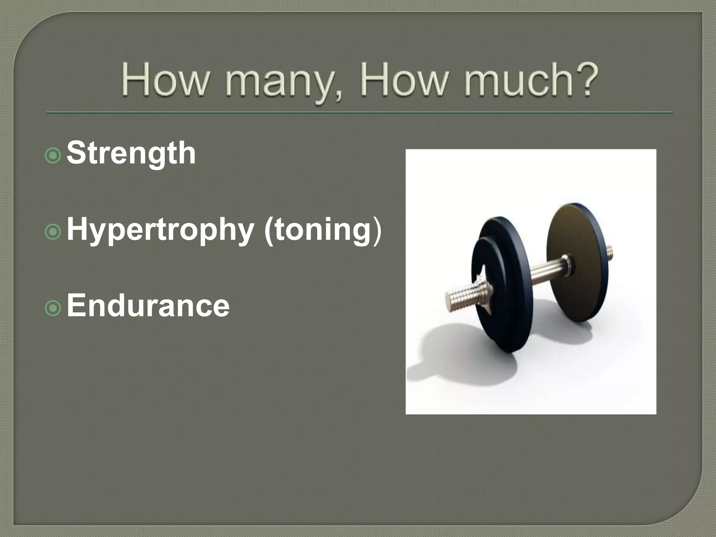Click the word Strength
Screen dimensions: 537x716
(x=131, y=154)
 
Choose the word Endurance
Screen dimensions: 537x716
(x=148, y=306)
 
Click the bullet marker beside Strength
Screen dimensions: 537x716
(x=53, y=156)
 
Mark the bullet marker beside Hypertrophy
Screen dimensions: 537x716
(x=53, y=232)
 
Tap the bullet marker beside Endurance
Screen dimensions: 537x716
(x=53, y=308)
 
